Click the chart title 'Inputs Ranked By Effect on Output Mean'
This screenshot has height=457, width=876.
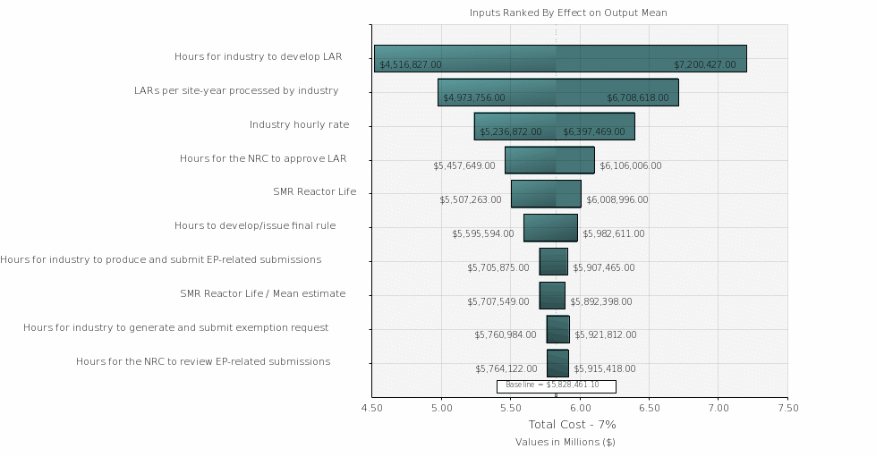tap(568, 13)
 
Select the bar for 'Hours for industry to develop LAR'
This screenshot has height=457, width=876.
tap(560, 58)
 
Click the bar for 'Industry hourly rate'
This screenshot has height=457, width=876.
tap(554, 126)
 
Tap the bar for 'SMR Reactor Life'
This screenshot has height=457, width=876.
tap(546, 193)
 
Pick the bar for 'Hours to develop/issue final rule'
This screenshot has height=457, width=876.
tap(550, 227)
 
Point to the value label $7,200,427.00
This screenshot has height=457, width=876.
tap(705, 64)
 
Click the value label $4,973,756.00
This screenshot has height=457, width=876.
tap(474, 97)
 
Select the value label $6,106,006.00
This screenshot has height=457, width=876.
tap(631, 165)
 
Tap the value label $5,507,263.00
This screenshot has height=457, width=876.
tap(471, 199)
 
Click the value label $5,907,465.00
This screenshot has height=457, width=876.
tap(604, 267)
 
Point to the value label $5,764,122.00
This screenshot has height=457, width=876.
tap(506, 368)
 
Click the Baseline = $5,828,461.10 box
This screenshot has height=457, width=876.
tap(556, 385)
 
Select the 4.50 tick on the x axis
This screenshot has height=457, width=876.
tap(372, 408)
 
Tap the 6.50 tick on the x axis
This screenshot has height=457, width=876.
tap(650, 408)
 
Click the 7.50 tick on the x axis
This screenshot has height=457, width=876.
tap(787, 408)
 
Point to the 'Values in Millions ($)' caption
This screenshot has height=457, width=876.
tap(565, 442)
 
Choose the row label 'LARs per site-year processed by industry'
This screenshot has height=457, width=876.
tap(236, 90)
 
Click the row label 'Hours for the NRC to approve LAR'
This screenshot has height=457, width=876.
tap(263, 158)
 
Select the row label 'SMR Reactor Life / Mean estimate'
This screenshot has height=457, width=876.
tap(263, 293)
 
